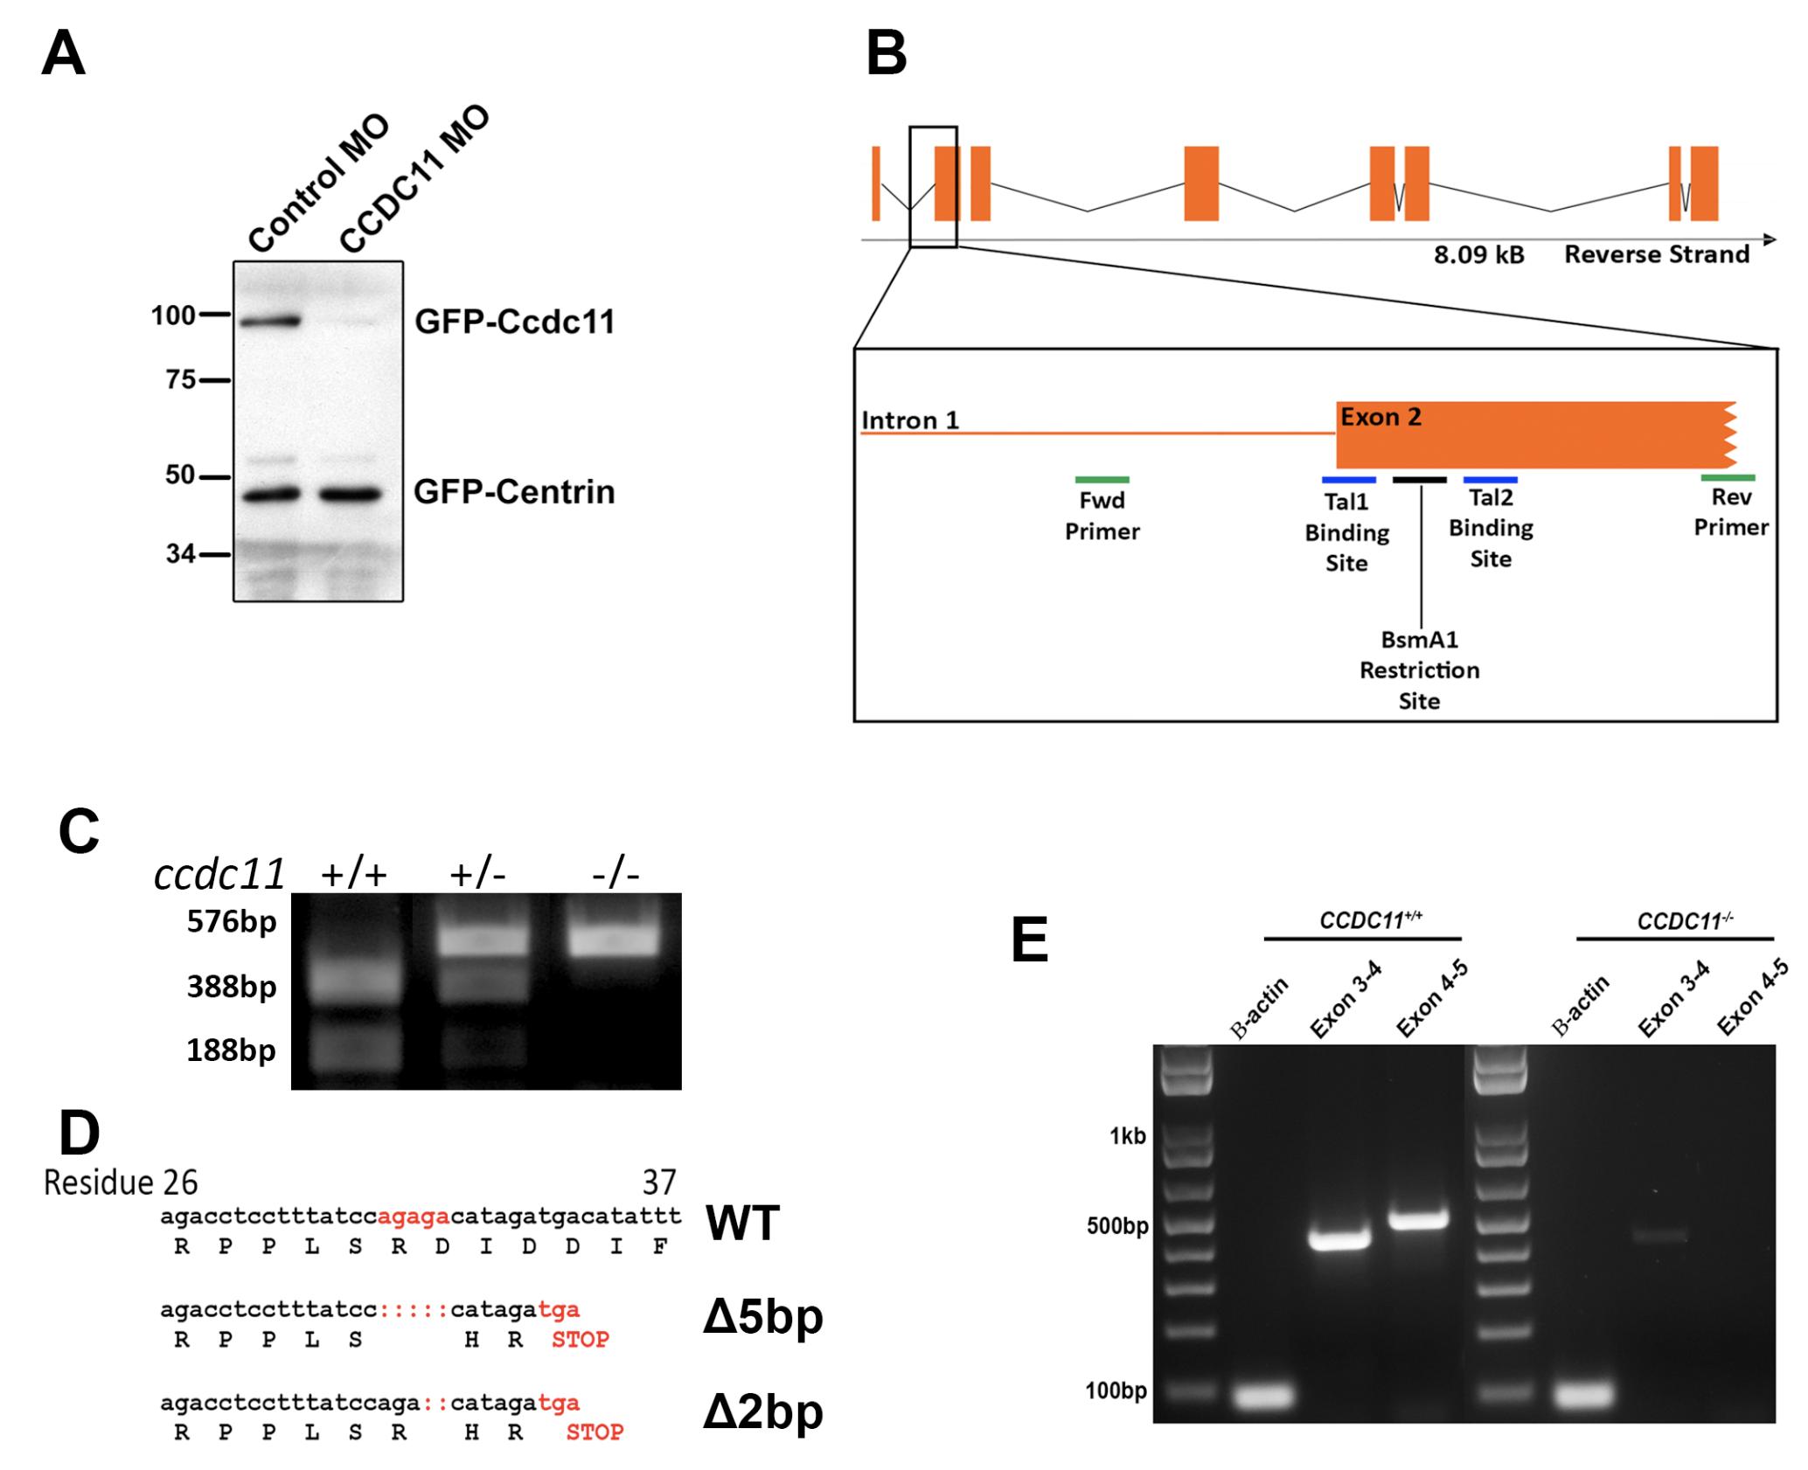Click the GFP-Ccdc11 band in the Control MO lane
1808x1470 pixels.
269,322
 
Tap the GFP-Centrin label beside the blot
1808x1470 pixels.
514,492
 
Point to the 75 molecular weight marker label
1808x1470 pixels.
181,379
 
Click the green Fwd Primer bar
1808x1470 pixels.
1102,479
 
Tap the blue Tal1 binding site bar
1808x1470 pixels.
1349,479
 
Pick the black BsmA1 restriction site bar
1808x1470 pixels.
1420,479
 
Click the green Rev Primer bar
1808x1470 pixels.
1728,477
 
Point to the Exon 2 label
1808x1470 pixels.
1381,417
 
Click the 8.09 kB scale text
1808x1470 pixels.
1478,254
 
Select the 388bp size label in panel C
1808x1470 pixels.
232,987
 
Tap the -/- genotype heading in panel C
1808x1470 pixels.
615,874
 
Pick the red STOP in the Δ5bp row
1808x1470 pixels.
581,1339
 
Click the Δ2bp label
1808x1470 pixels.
763,1411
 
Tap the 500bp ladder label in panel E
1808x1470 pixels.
1117,1226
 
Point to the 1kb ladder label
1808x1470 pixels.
1128,1135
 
